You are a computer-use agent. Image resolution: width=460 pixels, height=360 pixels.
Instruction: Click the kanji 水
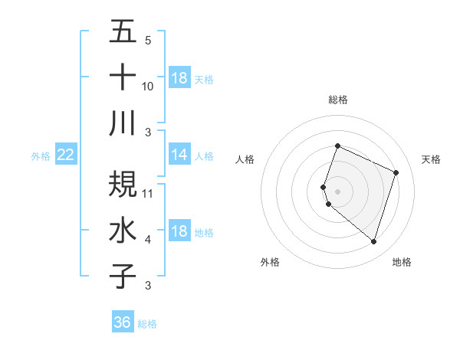pyautogui.click(x=123, y=231)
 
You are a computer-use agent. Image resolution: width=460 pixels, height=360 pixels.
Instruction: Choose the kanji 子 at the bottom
pyautogui.click(x=123, y=276)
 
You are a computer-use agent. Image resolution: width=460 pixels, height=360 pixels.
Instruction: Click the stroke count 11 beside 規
pyautogui.click(x=148, y=193)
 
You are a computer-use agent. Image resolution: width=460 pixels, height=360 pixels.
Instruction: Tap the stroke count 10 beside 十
pyautogui.click(x=148, y=86)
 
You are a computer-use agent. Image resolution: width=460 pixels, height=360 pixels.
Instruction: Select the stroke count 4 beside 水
pyautogui.click(x=148, y=240)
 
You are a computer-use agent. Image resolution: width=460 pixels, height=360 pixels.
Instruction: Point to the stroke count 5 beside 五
pyautogui.click(x=148, y=40)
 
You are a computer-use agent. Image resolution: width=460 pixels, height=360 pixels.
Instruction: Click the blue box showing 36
pyautogui.click(x=123, y=322)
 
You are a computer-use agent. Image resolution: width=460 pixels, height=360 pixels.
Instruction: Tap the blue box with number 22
pyautogui.click(x=66, y=155)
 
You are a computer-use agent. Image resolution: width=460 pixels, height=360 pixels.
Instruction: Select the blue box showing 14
pyautogui.click(x=179, y=155)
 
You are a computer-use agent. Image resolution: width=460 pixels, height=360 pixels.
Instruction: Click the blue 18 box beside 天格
pyautogui.click(x=179, y=78)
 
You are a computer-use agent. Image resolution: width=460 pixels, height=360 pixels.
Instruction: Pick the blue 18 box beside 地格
pyautogui.click(x=179, y=232)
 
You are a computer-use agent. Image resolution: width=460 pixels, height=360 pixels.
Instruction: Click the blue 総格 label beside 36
pyautogui.click(x=147, y=324)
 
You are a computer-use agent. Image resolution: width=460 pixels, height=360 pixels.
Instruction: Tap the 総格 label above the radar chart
pyautogui.click(x=338, y=100)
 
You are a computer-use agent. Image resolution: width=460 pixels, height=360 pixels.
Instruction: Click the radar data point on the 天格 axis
pyautogui.click(x=396, y=172)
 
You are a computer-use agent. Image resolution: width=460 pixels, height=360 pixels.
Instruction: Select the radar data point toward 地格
pyautogui.click(x=374, y=242)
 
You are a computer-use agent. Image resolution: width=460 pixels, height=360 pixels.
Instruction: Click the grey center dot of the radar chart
pyautogui.click(x=338, y=191)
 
